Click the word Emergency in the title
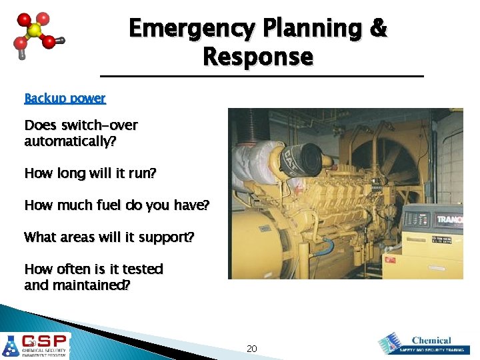(192, 28)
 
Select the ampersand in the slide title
(377, 28)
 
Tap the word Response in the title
(257, 57)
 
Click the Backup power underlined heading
(65, 99)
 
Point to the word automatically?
(65, 141)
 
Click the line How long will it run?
(90, 173)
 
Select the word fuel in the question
(115, 205)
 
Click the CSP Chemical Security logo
(36, 346)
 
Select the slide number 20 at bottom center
(251, 349)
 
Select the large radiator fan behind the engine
(393, 160)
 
